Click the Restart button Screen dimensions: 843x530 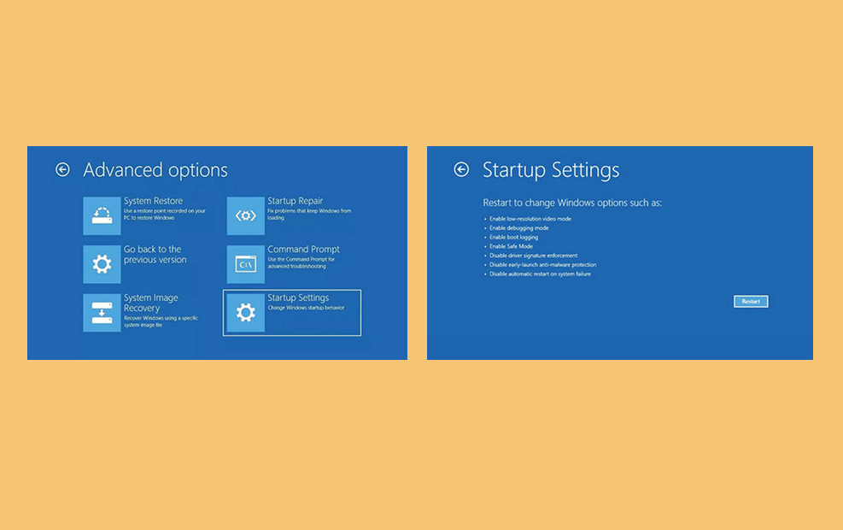point(751,301)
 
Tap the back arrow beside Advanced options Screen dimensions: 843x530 point(62,169)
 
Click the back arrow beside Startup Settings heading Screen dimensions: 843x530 point(461,169)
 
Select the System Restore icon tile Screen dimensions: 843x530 point(102,215)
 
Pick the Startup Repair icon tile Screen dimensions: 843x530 point(246,215)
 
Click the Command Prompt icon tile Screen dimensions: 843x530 point(246,264)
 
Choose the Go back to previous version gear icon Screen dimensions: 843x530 point(102,264)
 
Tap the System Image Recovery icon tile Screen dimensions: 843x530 point(102,313)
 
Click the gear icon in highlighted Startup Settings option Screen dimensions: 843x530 point(246,313)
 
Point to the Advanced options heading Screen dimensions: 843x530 point(155,170)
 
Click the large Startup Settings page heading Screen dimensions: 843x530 point(551,170)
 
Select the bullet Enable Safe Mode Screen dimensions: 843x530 point(511,246)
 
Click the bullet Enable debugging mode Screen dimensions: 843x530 point(518,228)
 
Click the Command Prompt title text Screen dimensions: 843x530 point(303,249)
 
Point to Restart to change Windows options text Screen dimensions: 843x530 point(572,203)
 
